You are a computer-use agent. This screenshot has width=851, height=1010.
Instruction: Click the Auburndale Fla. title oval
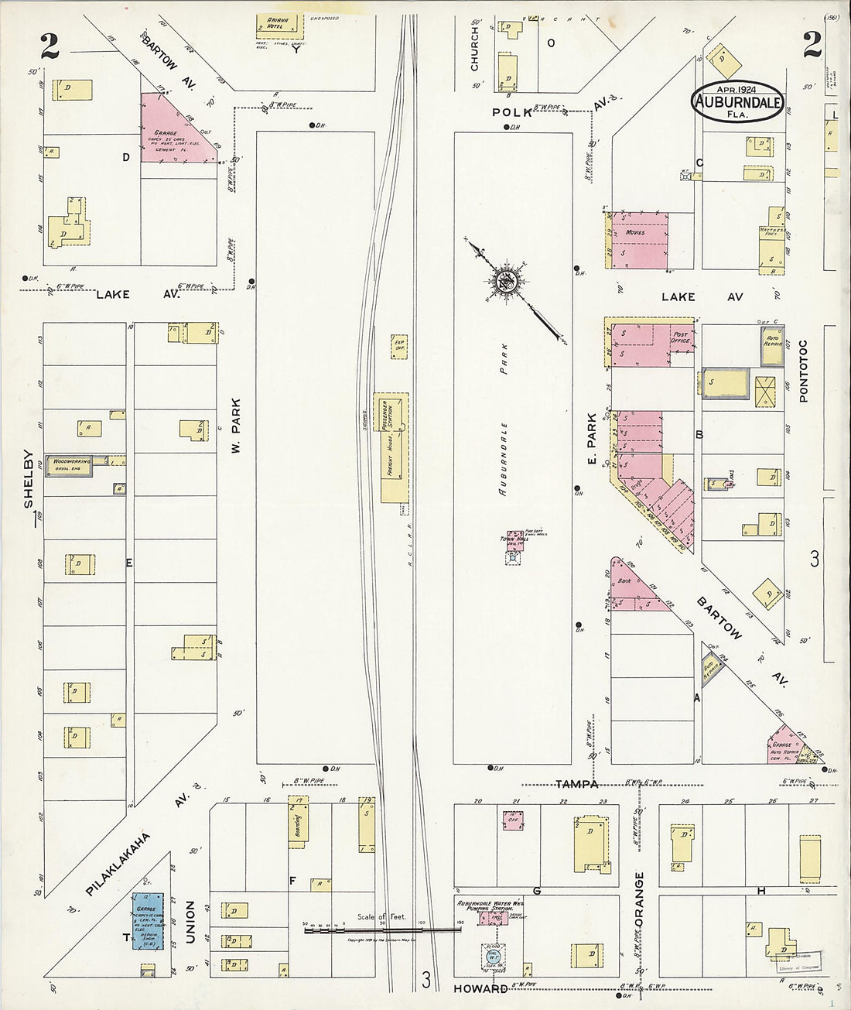click(x=737, y=101)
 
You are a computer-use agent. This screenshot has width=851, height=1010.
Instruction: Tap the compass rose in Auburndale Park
click(x=508, y=283)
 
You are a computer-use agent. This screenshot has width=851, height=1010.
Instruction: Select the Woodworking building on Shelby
click(x=70, y=464)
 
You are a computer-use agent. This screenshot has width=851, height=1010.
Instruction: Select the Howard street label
click(x=480, y=988)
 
